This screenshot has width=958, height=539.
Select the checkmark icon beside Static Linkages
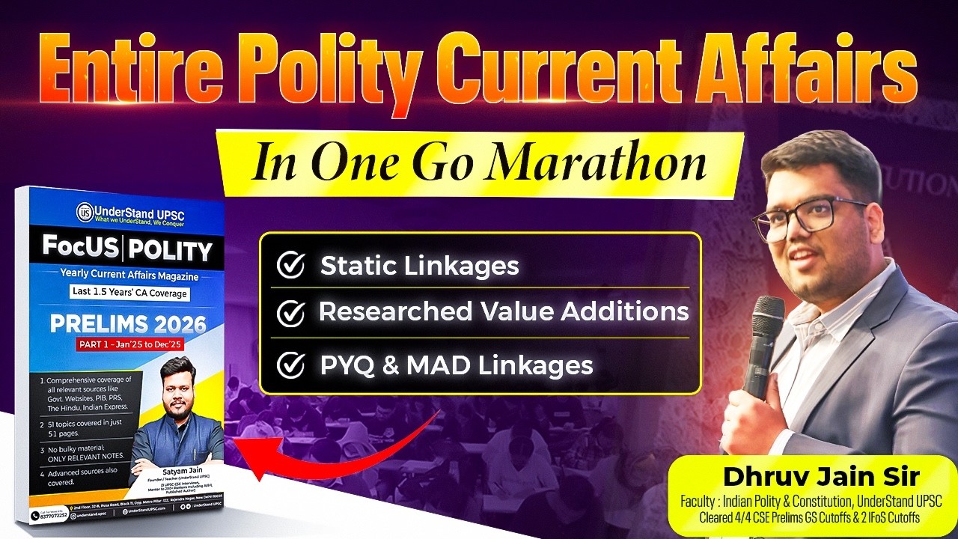pyautogui.click(x=290, y=266)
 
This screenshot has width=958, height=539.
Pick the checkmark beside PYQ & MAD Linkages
pyautogui.click(x=290, y=365)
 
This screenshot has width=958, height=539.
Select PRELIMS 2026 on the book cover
pyautogui.click(x=127, y=325)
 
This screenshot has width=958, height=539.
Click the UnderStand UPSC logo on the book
pyautogui.click(x=85, y=213)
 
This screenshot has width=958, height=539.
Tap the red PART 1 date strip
pyautogui.click(x=130, y=344)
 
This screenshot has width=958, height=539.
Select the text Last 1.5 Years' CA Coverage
pyautogui.click(x=129, y=293)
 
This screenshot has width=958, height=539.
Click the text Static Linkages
pyautogui.click(x=419, y=266)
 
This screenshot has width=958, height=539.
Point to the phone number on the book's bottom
pyautogui.click(x=53, y=515)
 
